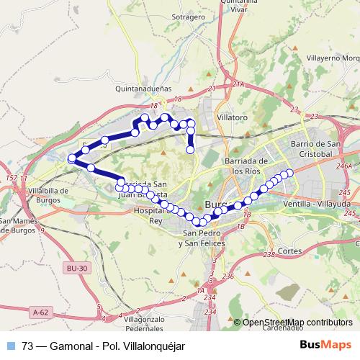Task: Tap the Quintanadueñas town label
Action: [x=142, y=90]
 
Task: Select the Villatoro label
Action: [x=232, y=116]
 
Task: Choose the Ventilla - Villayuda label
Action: [x=318, y=204]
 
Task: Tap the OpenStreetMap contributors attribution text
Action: [x=297, y=322]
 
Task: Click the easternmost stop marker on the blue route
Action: [x=291, y=172]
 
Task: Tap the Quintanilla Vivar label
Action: [x=243, y=6]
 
